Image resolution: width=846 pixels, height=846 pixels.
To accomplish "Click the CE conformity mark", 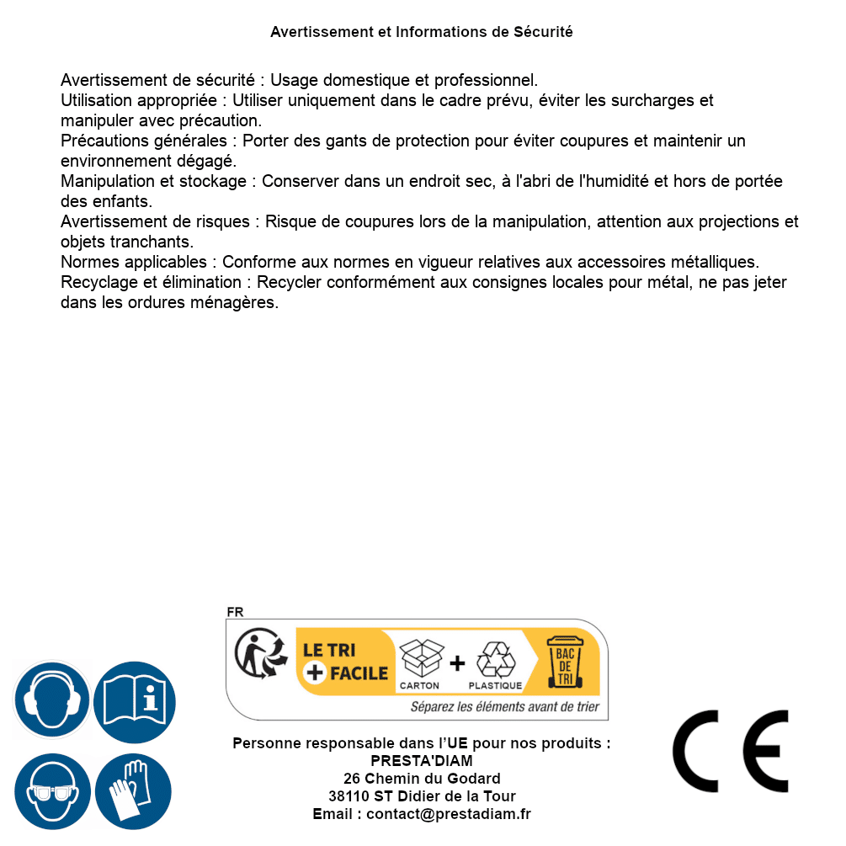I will point(730,751).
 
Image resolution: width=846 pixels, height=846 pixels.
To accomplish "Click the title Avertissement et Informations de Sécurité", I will point(422,32).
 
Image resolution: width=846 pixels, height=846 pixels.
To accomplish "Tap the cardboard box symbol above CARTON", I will point(420,658).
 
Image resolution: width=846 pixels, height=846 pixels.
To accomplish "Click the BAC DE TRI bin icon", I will point(564,662).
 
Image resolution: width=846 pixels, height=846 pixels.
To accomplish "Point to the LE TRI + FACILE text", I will point(345,662).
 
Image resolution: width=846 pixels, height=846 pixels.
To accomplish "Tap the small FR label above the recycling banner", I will point(235,612).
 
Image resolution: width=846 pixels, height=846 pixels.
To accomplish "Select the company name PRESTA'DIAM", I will point(422,761).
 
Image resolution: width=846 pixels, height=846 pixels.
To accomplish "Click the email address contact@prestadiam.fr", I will point(449,814).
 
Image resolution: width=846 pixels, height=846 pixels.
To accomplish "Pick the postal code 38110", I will point(349,796).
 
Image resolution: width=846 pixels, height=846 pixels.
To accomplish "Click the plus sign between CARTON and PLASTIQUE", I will point(456,662).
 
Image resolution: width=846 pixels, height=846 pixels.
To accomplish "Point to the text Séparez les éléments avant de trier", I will point(505,707).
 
